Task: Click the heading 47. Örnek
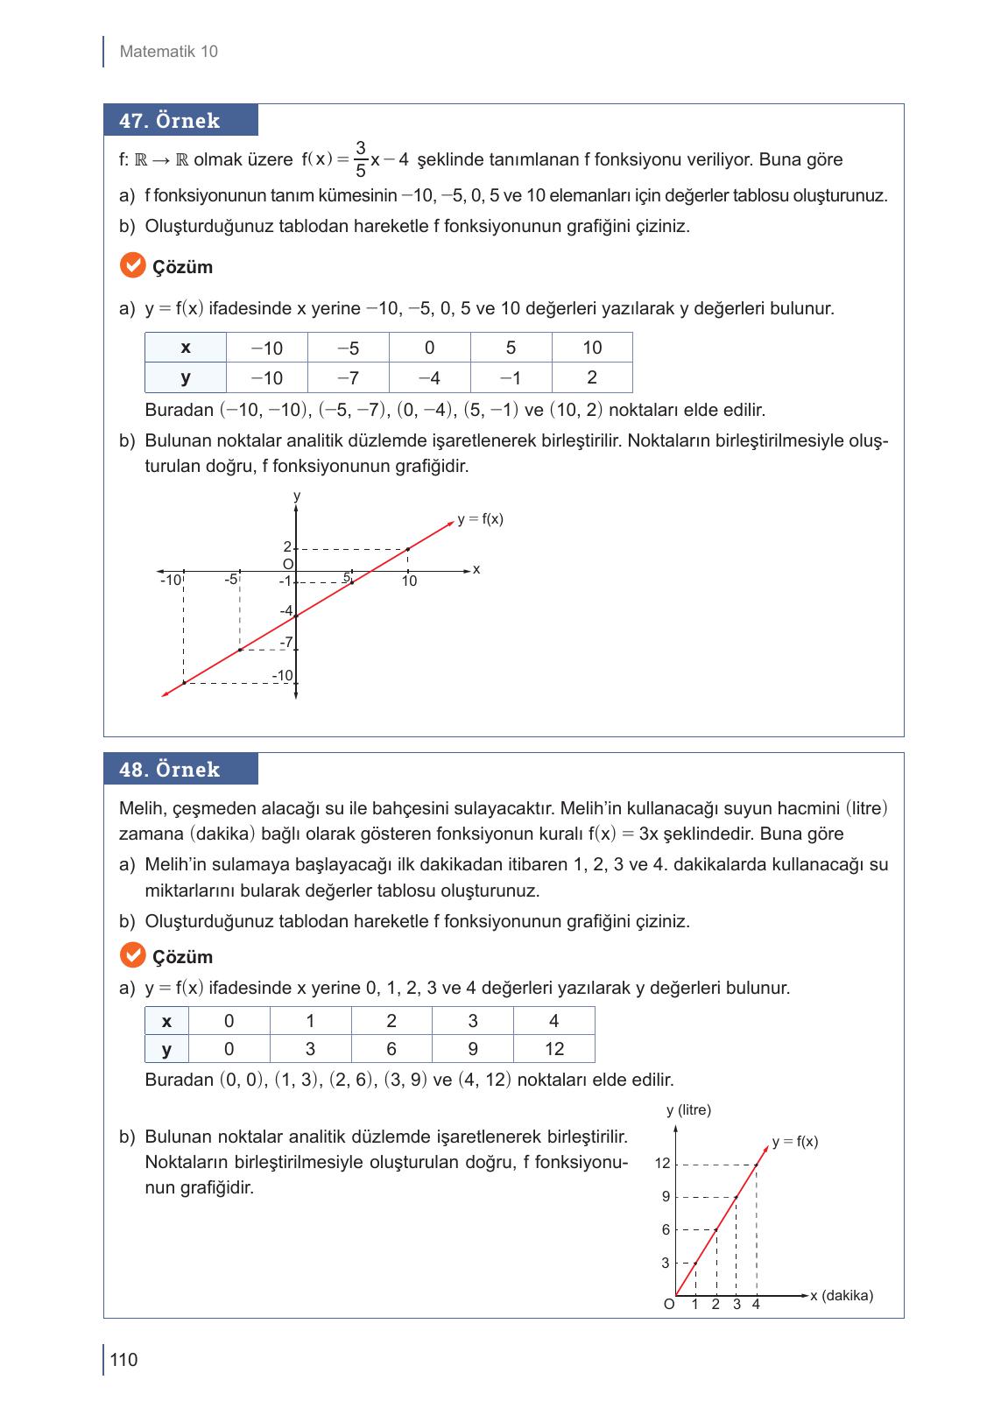point(170,121)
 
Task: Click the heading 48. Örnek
point(170,770)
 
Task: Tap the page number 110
point(124,1360)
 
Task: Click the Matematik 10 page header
point(168,52)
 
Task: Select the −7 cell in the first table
point(348,378)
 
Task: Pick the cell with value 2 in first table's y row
point(591,377)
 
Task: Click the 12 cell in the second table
point(553,1049)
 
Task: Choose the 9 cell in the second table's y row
point(472,1049)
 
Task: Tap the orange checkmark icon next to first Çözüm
point(131,265)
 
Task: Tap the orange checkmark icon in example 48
point(131,955)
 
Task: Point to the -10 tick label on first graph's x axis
point(170,581)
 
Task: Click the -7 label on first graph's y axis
point(285,643)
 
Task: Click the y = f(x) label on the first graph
point(480,519)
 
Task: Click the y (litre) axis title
point(688,1110)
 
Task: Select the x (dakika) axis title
point(842,1296)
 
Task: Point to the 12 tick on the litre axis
point(662,1164)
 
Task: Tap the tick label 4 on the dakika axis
point(756,1305)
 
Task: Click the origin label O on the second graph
point(669,1305)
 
